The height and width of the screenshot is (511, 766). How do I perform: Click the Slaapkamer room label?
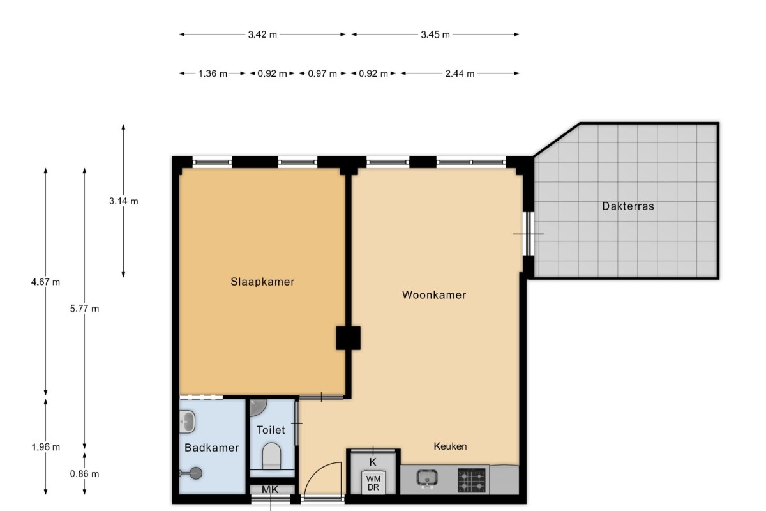[x=262, y=282]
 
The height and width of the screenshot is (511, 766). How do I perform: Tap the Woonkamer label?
[x=434, y=294]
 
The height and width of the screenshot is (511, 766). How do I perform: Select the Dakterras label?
[x=628, y=206]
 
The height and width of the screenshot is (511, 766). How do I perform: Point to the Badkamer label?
[x=212, y=448]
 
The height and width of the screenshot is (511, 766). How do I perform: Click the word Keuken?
[x=450, y=446]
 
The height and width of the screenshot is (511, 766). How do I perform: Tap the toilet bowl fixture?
[x=271, y=456]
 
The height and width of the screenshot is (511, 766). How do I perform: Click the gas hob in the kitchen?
[x=472, y=480]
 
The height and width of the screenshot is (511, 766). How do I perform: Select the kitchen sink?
[x=427, y=478]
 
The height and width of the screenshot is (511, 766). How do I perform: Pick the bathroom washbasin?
[x=187, y=422]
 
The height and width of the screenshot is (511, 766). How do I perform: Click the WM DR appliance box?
[x=373, y=482]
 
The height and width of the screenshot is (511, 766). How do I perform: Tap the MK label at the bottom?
[x=270, y=490]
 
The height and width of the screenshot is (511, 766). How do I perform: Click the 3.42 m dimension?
[x=262, y=34]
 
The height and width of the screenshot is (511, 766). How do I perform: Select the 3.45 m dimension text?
[x=435, y=34]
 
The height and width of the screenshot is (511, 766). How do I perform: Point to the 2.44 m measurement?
[x=460, y=73]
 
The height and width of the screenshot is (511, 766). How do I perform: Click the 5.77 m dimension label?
[x=84, y=309]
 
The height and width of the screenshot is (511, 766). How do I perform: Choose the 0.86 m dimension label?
[x=84, y=474]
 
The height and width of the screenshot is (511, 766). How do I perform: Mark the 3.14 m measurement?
[x=123, y=201]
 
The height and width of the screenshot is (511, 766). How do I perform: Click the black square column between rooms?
[x=348, y=338]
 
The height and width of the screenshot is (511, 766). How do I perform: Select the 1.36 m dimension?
[x=213, y=73]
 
